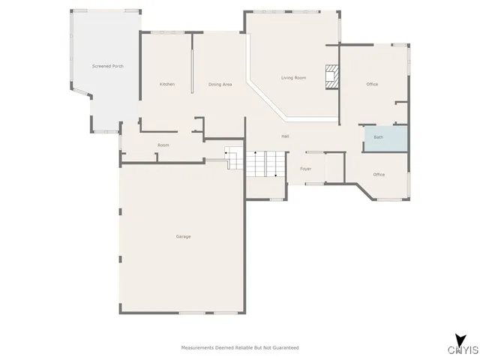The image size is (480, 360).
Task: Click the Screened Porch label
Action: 108,67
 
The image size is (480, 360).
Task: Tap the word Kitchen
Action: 167,84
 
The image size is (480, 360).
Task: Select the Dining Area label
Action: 220,84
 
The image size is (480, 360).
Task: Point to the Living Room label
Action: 293,78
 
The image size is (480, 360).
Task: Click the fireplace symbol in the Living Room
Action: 330,77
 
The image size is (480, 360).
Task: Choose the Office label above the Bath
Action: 372,84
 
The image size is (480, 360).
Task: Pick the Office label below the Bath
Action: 379,175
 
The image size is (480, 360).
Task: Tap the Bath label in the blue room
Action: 379,137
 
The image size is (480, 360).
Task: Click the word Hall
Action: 286,136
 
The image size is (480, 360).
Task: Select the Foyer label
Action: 306,169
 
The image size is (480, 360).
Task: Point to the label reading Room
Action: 163,145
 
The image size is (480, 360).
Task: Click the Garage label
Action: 183,237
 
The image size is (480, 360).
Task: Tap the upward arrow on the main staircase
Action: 256,154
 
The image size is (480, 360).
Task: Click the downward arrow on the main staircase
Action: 277,173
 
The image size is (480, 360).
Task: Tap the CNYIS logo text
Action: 463,350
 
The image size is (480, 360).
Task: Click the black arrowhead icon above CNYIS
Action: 458,338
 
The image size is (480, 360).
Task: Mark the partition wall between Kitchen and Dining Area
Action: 193,71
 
